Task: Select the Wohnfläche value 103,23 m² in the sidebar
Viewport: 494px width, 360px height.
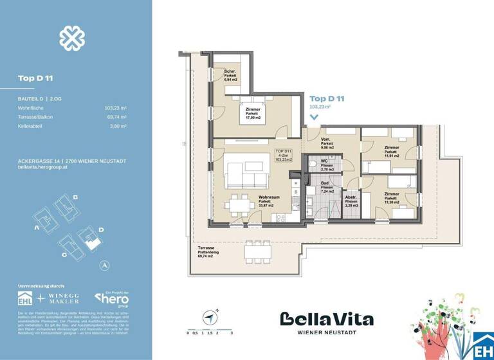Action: click(x=115, y=108)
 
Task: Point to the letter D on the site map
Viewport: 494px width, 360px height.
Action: click(x=101, y=228)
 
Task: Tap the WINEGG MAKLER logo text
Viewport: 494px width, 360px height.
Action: click(x=63, y=299)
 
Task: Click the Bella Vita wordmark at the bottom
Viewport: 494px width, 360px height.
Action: click(x=326, y=319)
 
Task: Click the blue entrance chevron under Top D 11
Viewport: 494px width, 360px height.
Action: click(x=314, y=117)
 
